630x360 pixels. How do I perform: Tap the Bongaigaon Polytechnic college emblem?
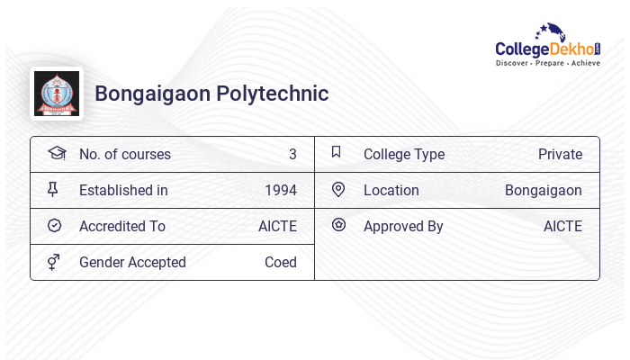click(x=56, y=94)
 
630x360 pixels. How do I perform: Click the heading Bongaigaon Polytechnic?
click(x=211, y=94)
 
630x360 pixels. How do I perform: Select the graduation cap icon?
click(x=56, y=153)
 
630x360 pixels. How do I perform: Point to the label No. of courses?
click(x=124, y=155)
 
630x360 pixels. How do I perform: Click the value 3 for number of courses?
click(x=292, y=155)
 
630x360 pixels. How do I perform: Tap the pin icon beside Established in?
click(x=53, y=189)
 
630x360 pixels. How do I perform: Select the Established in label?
click(x=123, y=191)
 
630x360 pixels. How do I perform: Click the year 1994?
click(x=280, y=191)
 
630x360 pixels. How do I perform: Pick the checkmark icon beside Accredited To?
click(x=54, y=226)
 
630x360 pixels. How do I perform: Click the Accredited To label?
click(x=122, y=227)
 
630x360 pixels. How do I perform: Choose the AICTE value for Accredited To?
click(x=277, y=227)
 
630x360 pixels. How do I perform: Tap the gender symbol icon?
click(x=53, y=262)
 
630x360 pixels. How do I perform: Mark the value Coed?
click(x=280, y=263)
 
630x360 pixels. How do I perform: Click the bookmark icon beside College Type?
click(x=336, y=152)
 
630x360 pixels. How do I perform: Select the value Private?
click(x=560, y=155)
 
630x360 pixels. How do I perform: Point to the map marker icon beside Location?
click(x=338, y=189)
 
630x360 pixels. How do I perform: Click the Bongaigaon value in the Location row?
click(x=543, y=191)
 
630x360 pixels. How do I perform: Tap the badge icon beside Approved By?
click(x=338, y=225)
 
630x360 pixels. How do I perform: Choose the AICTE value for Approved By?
click(x=562, y=227)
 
